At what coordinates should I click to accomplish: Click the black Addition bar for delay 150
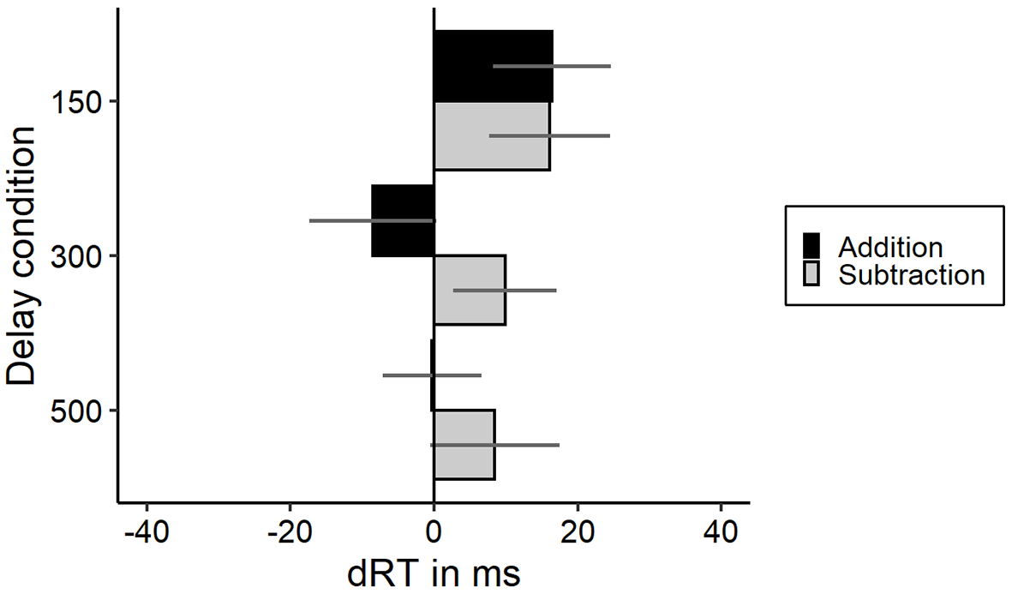[493, 66]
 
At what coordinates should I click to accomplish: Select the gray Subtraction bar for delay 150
[492, 135]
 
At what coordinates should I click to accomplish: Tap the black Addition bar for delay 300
[404, 221]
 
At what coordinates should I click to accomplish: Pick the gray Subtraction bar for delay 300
[470, 290]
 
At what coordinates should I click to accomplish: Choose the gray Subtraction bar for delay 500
[464, 445]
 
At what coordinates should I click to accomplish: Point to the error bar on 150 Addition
[552, 66]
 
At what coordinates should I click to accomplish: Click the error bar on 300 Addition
[371, 221]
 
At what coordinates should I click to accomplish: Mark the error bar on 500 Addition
[432, 375]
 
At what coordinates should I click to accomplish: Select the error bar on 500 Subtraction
[495, 445]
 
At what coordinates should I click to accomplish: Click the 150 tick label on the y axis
[75, 101]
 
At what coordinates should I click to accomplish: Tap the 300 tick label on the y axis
[75, 256]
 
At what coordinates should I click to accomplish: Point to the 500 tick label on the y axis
[75, 411]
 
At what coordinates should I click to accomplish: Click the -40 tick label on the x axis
[147, 533]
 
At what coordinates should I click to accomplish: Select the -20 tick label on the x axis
[290, 533]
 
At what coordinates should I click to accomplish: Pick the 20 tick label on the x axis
[577, 533]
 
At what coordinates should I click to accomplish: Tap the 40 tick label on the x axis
[721, 533]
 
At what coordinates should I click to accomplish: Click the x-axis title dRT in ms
[434, 573]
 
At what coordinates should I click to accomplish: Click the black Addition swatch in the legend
[811, 246]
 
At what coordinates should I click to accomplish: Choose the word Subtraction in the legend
[912, 275]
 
